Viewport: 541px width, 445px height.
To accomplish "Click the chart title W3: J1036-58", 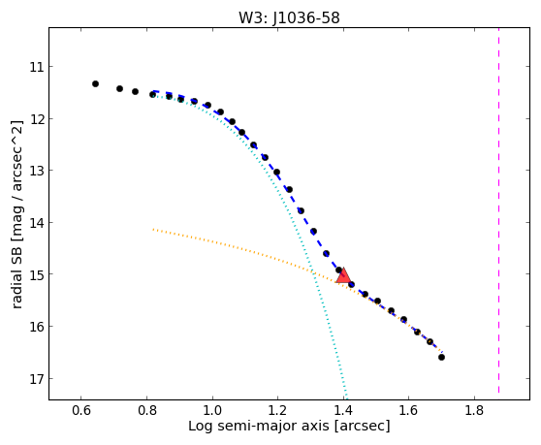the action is click(x=289, y=17).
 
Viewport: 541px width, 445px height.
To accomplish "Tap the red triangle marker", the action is click(x=343, y=275).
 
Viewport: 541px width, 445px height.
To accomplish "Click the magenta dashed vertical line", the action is click(x=498, y=210).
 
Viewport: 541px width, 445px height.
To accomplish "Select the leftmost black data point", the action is click(x=96, y=83).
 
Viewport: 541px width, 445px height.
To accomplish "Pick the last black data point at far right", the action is click(x=441, y=357).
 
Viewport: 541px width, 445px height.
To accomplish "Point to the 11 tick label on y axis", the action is click(x=37, y=67).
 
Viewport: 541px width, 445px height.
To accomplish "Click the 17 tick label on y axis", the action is click(x=37, y=379).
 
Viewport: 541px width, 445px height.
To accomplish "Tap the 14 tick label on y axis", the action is click(x=37, y=223).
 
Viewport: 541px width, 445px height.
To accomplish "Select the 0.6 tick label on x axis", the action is click(x=81, y=410).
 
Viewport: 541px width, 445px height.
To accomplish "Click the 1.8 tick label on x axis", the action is click(x=474, y=410).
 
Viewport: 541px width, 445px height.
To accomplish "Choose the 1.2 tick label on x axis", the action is click(x=277, y=410).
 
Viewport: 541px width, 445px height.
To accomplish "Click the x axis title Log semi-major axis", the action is click(x=259, y=426).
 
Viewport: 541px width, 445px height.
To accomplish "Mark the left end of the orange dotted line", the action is click(x=153, y=229).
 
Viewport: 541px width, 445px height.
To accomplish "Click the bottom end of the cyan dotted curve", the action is click(x=346, y=398).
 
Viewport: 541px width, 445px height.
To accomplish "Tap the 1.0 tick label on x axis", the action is click(x=212, y=410).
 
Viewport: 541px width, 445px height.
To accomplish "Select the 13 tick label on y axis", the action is click(x=37, y=171).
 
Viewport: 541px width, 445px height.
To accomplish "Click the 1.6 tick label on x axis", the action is click(x=409, y=410).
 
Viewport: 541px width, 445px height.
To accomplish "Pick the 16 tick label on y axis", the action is click(x=37, y=327).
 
